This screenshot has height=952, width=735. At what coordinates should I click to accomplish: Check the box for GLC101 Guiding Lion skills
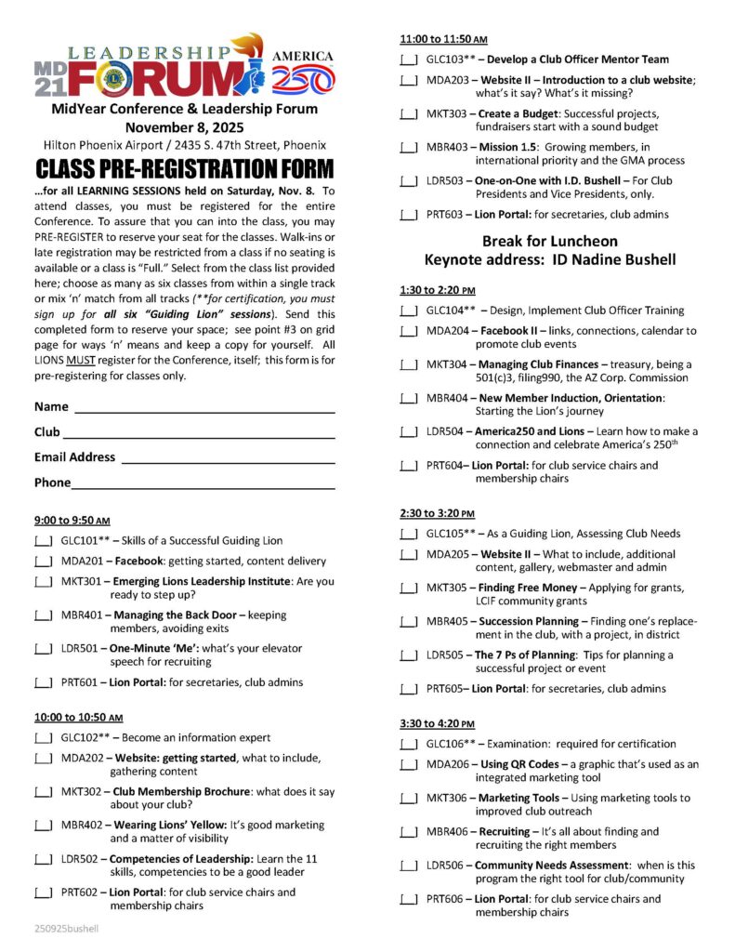43,541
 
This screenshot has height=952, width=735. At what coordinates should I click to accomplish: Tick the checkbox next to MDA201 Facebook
43,562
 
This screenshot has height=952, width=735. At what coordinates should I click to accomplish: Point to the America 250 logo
302,71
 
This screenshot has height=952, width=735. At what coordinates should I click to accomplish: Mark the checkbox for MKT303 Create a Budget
408,114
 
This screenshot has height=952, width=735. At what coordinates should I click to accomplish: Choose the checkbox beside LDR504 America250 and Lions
408,431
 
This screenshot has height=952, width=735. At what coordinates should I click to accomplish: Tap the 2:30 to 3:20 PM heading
437,513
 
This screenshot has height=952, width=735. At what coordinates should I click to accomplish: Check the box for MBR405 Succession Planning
408,622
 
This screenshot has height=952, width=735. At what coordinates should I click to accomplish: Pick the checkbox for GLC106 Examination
408,744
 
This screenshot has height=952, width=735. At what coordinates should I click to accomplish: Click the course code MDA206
447,764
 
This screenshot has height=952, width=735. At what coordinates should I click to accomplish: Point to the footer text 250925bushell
66,928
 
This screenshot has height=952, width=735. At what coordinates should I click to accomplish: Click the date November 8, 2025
183,127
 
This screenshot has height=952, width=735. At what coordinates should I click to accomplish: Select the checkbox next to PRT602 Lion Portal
43,892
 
